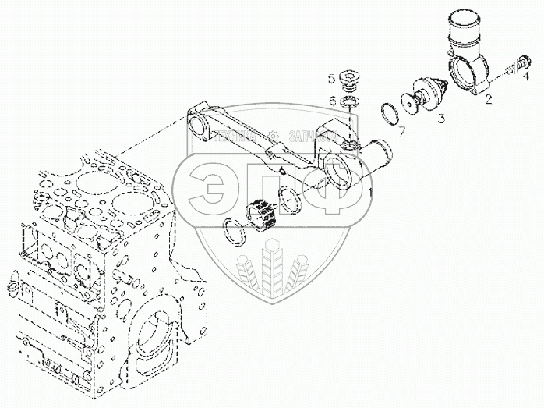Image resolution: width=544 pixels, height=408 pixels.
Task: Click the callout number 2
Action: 489,99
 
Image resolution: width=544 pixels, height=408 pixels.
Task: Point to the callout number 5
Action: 331,78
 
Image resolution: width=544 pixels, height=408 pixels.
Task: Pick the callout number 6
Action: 332,100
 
